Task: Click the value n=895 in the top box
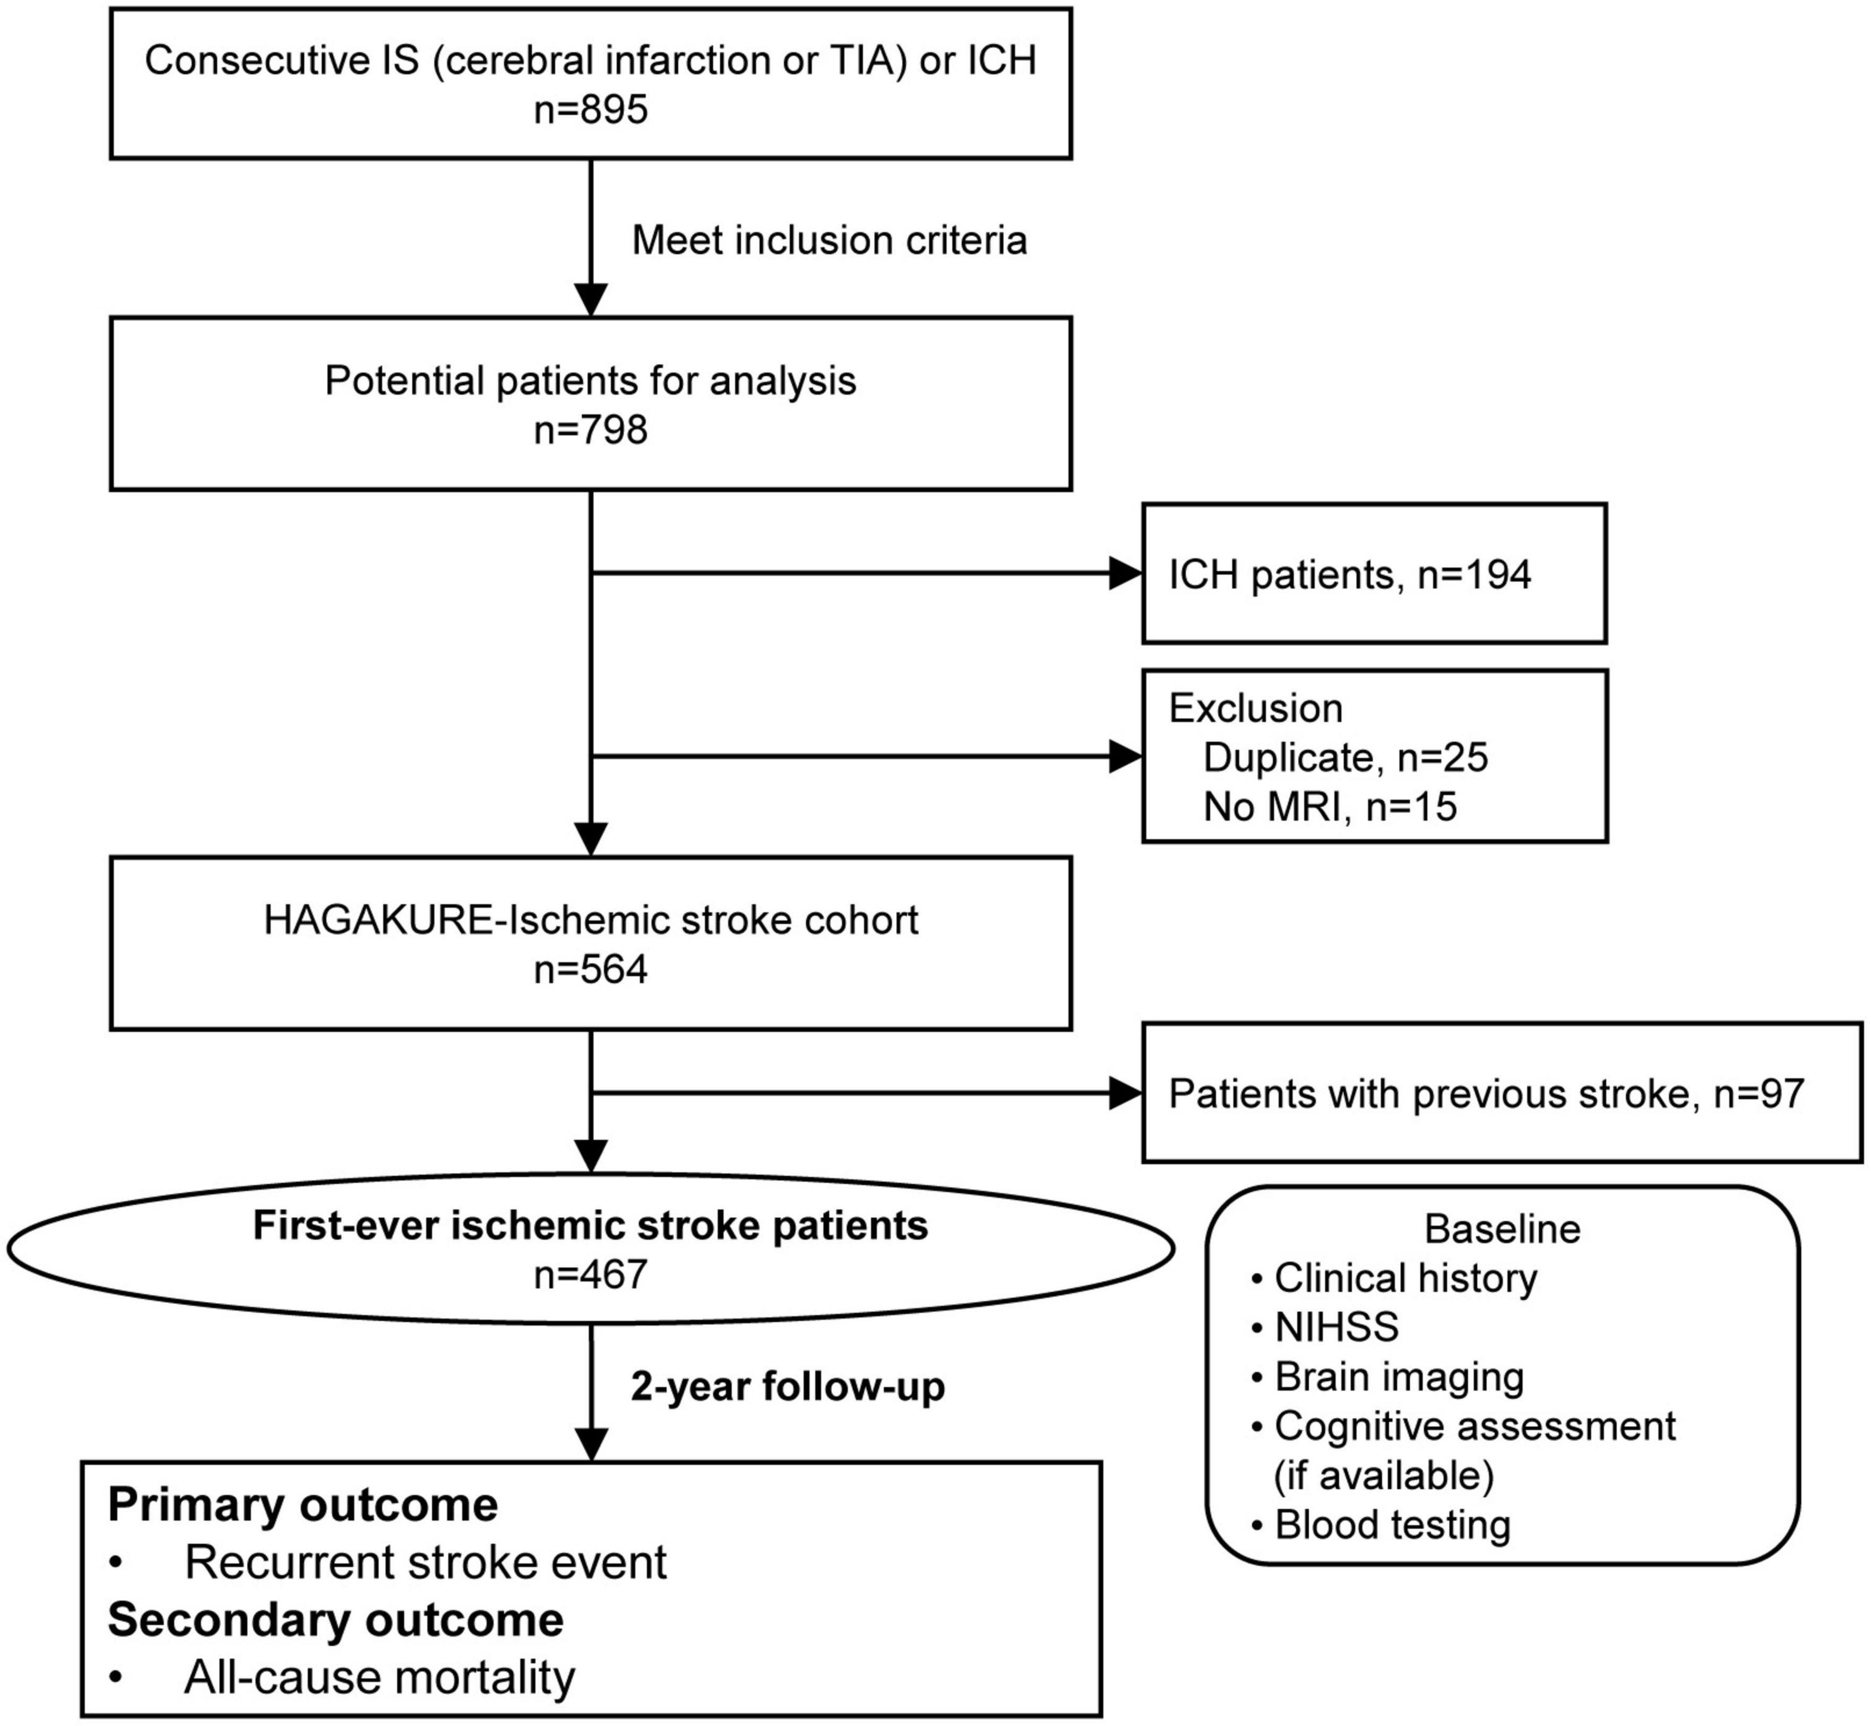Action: pyautogui.click(x=590, y=110)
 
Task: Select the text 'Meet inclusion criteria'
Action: pyautogui.click(x=830, y=240)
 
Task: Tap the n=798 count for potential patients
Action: pyautogui.click(x=590, y=430)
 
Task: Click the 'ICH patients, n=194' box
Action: pyautogui.click(x=1373, y=574)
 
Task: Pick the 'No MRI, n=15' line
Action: pyautogui.click(x=1329, y=806)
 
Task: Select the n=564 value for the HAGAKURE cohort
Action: pyautogui.click(x=590, y=969)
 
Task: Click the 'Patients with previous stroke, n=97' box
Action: pyautogui.click(x=1485, y=1093)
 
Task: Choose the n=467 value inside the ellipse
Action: pyautogui.click(x=590, y=1274)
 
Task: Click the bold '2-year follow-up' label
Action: pyautogui.click(x=788, y=1386)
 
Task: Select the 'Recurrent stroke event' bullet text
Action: pyautogui.click(x=425, y=1563)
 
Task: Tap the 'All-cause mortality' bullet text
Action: pyautogui.click(x=380, y=1677)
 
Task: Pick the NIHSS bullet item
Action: pyautogui.click(x=1336, y=1327)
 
